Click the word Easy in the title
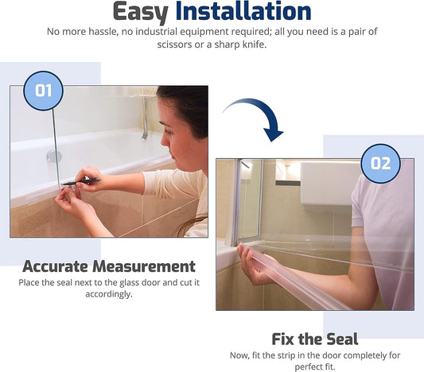click(140, 12)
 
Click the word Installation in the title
click(243, 11)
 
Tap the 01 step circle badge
click(43, 91)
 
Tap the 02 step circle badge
click(380, 164)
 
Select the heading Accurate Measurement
click(109, 266)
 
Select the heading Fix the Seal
click(315, 339)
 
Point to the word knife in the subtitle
click(254, 45)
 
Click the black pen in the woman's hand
click(81, 182)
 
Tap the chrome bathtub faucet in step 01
click(145, 116)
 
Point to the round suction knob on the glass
click(53, 156)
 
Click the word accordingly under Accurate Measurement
click(109, 294)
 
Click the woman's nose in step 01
click(165, 140)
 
